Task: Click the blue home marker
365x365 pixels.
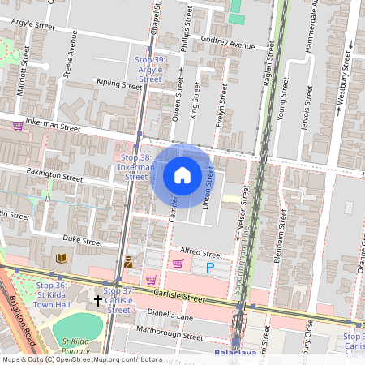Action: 182,174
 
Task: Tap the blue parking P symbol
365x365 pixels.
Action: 210,267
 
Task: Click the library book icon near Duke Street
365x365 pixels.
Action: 62,259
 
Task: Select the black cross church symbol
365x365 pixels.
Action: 98,300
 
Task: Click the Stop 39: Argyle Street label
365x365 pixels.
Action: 150,70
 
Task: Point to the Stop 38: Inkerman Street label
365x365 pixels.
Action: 135,166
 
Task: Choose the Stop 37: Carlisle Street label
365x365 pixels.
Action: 119,300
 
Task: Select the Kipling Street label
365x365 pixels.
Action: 118,83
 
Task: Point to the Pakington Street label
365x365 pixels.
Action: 55,175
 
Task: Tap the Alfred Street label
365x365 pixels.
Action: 200,253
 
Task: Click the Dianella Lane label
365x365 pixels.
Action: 170,316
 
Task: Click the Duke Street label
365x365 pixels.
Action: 82,241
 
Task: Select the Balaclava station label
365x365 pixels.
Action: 235,354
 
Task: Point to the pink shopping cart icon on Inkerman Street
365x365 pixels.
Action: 17,126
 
